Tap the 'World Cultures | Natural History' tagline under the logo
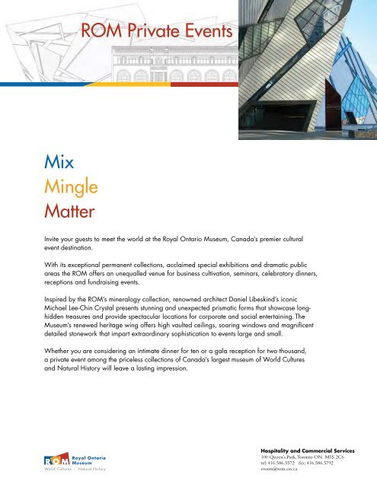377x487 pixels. tap(74, 469)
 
